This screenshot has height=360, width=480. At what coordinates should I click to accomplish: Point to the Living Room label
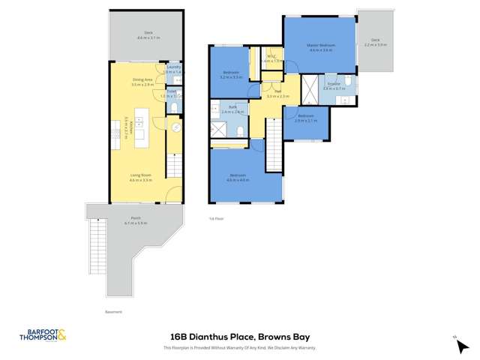point(140,177)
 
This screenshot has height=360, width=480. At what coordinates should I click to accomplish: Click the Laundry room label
point(173,69)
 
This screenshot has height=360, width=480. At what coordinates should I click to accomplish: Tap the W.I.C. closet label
point(271,58)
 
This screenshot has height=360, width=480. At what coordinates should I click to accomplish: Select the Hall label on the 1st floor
point(277,93)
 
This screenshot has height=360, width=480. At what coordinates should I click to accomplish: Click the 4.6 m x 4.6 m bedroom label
point(238,178)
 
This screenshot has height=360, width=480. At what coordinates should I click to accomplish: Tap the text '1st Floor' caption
point(216,218)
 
